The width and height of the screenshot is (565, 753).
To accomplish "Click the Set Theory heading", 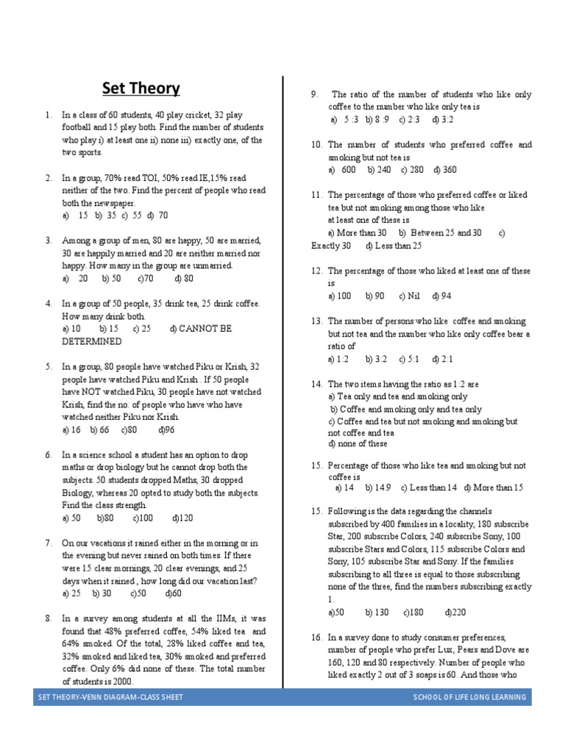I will [x=141, y=89].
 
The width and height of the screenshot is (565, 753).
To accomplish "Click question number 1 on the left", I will [x=48, y=115].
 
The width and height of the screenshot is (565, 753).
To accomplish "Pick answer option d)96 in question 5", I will [x=167, y=429].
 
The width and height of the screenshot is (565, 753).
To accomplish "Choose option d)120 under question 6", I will [x=182, y=518].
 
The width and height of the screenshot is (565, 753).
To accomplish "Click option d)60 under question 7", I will [x=174, y=593].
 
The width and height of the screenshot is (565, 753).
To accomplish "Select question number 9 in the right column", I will [x=314, y=94].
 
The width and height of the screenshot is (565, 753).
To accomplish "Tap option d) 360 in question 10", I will [x=445, y=170].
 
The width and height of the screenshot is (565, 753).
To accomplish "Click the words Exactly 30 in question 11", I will [x=331, y=245].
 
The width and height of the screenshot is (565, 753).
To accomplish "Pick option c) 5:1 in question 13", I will [x=408, y=359].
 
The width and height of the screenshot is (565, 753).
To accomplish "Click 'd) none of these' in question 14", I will [x=358, y=444].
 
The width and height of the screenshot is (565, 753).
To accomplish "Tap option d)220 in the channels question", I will [x=455, y=613].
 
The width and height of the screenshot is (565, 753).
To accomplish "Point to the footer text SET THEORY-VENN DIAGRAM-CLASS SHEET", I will [x=110, y=697].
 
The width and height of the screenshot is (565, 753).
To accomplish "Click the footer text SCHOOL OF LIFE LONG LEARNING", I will [x=469, y=697].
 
